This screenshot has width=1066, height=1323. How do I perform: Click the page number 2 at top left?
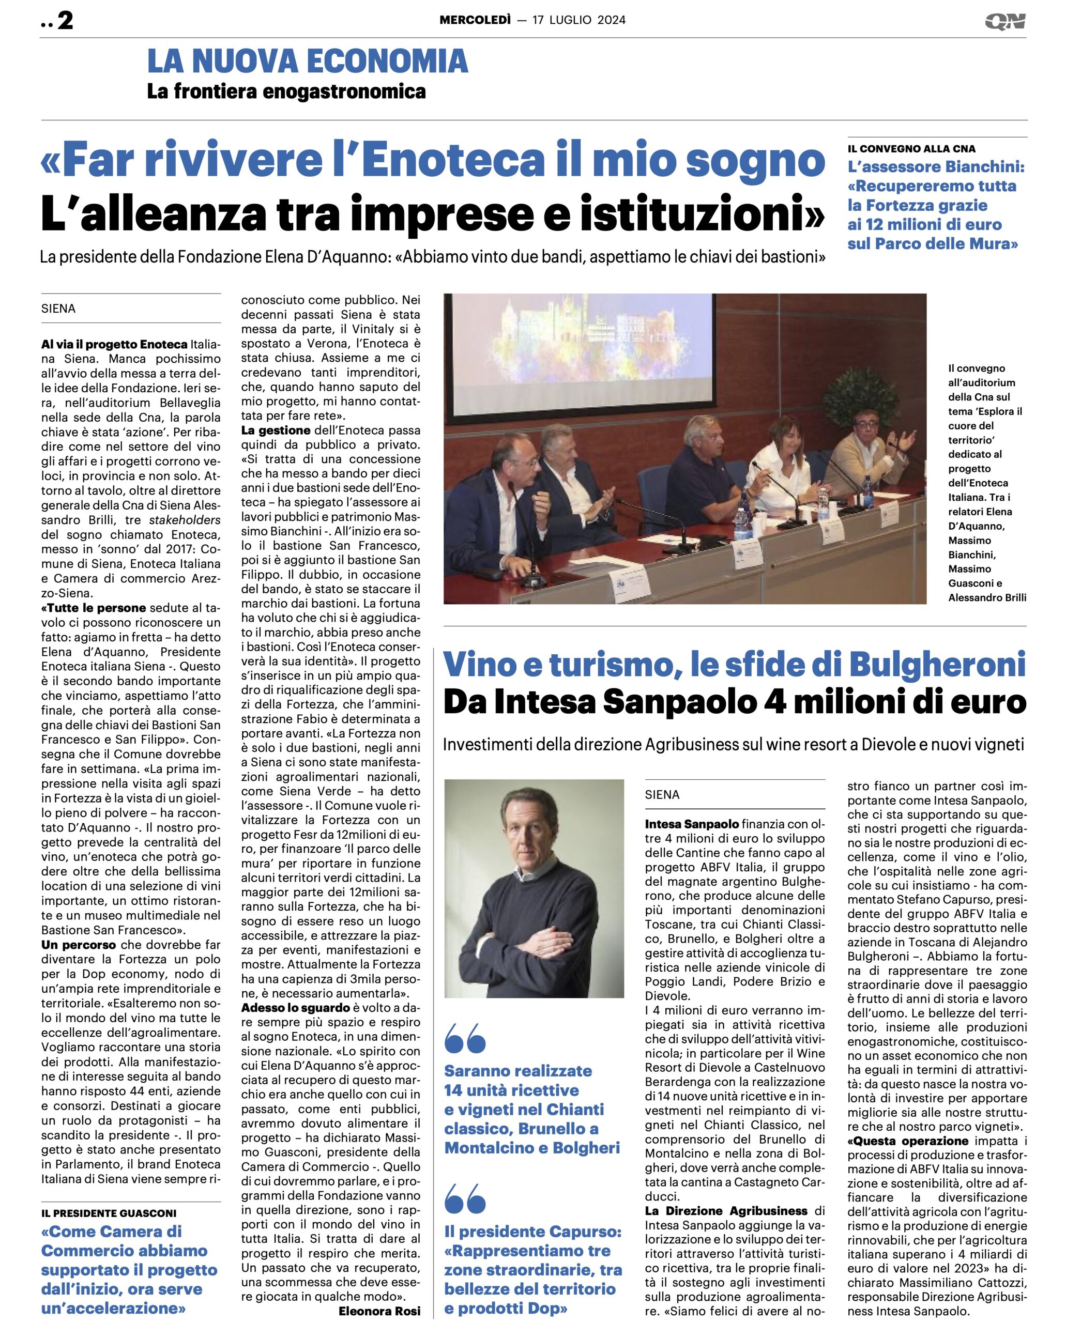coord(65,20)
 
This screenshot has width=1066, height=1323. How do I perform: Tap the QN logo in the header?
coord(1005,22)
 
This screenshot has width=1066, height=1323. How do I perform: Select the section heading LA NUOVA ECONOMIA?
coord(307,61)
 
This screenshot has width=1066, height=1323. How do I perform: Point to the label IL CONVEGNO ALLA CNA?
coord(911,148)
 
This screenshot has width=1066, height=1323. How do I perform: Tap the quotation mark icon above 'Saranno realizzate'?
coord(465,1038)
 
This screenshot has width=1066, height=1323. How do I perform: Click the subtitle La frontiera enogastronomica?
coord(286,91)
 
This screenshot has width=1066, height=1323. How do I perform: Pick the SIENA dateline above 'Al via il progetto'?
coord(58,309)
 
